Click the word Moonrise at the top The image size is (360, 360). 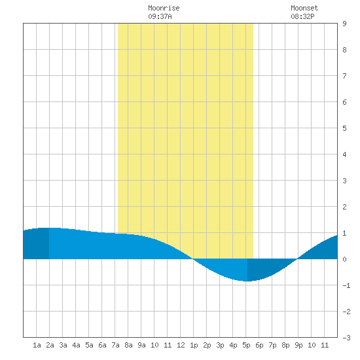164,8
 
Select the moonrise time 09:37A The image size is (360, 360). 160,16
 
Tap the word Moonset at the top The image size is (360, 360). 304,8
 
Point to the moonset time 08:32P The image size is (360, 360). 302,16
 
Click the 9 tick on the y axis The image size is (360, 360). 344,24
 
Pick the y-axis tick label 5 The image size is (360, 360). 344,128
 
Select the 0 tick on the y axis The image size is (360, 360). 344,259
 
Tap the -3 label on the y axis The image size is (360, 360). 346,338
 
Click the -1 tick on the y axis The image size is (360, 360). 346,285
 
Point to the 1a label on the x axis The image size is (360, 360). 37,345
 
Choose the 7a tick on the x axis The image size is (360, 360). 115,345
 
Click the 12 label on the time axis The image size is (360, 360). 181,345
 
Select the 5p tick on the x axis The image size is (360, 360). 246,345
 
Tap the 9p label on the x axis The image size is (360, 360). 298,345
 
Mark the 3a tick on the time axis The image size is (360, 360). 63,345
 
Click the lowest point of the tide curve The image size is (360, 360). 247,281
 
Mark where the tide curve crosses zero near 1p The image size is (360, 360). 193,259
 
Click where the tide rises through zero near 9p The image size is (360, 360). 297,259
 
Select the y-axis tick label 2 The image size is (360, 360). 344,207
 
